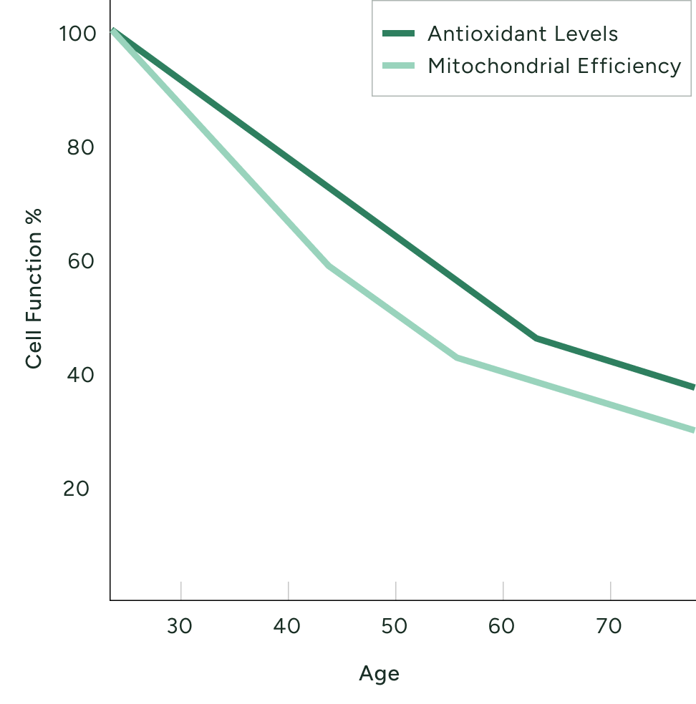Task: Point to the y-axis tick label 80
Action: click(79, 148)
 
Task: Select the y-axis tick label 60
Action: click(79, 262)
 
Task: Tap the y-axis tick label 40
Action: click(79, 376)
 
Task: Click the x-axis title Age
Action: click(379, 674)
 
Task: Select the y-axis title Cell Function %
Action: click(34, 289)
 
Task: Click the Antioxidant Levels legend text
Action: click(522, 34)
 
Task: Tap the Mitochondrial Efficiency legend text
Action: click(554, 67)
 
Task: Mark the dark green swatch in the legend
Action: click(398, 34)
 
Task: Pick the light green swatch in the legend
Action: click(398, 67)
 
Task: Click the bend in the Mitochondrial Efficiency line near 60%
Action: click(329, 265)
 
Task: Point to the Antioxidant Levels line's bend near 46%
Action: click(536, 337)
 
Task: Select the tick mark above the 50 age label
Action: click(395, 590)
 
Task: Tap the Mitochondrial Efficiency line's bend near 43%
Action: click(457, 356)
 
